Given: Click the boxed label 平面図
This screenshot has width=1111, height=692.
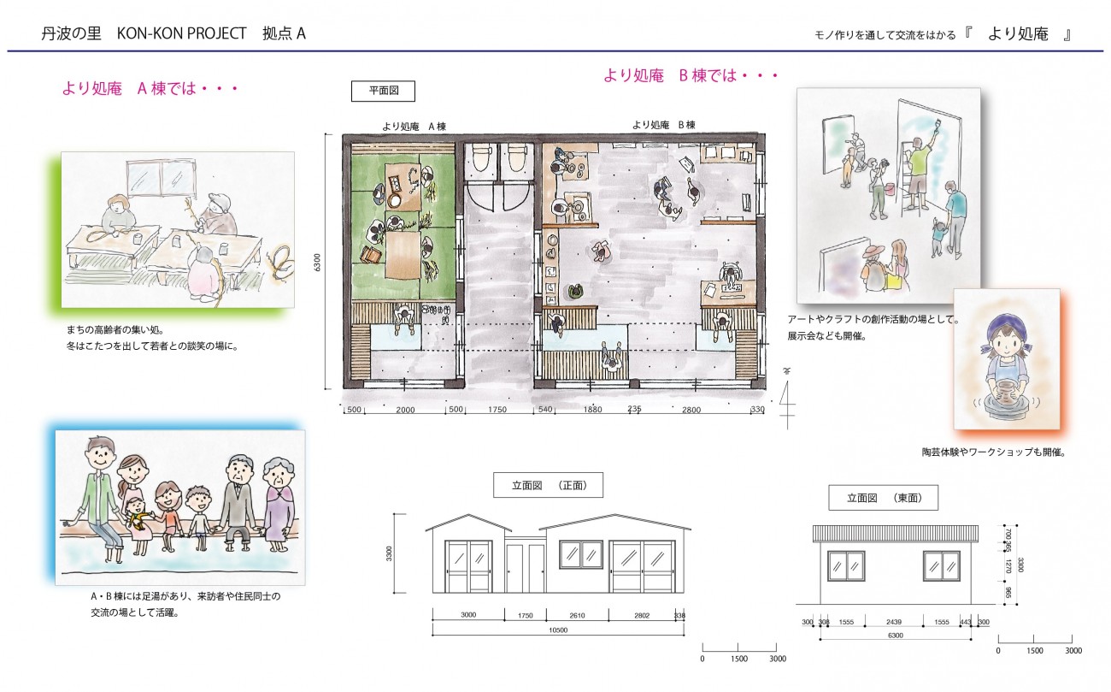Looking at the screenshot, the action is [383, 91].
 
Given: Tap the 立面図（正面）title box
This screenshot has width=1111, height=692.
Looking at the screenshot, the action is [548, 485].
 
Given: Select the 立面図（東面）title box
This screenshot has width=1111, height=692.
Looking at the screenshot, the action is [884, 498].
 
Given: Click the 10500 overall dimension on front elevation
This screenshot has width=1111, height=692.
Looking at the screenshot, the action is [558, 630].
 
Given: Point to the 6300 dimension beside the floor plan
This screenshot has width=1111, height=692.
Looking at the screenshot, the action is [317, 263].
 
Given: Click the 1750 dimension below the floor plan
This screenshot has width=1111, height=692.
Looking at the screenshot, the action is [497, 410].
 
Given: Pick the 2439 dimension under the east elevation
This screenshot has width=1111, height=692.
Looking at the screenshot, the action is [894, 622].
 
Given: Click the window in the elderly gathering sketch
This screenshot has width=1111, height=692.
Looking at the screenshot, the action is [162, 180].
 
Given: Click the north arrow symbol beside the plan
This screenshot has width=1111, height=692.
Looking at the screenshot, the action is [787, 399].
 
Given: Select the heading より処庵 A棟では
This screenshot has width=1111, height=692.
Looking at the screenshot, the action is [150, 89].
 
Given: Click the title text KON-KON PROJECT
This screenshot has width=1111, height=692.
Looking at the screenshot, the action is [181, 33].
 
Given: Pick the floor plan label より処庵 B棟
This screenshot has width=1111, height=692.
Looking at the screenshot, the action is [663, 125].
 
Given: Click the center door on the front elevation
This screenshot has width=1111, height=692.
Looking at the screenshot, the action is [526, 568].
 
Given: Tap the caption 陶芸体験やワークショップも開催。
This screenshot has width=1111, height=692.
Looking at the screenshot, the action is [994, 452].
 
